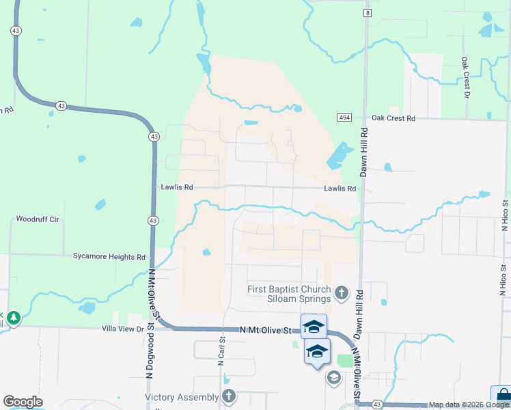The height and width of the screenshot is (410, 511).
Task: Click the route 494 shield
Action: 344,118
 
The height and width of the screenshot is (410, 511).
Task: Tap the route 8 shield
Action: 368,13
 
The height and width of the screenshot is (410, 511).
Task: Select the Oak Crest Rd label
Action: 393,118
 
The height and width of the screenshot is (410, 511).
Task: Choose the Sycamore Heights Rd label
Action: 109,257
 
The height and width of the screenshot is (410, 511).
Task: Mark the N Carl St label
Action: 221,351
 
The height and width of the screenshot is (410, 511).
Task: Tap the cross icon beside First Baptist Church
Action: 342,294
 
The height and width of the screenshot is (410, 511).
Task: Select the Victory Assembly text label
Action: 181,397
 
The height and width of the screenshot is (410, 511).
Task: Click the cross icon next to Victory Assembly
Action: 229,396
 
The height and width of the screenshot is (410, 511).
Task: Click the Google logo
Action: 23,402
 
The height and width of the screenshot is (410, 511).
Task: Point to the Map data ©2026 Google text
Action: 469,405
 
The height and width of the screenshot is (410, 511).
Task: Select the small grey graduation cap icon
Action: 333,378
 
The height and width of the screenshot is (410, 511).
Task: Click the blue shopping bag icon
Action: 501,397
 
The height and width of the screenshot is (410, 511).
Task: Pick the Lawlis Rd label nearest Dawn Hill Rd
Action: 340,189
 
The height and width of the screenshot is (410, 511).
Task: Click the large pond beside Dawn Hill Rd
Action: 337,157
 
